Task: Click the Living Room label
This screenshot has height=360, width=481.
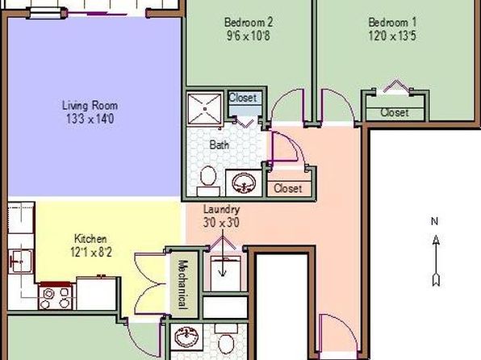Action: pyautogui.click(x=90, y=106)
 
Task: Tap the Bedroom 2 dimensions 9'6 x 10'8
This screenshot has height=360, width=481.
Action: pyautogui.click(x=249, y=36)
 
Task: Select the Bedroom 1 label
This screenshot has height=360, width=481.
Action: pyautogui.click(x=392, y=23)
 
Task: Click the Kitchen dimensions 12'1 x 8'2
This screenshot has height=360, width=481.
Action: pyautogui.click(x=91, y=253)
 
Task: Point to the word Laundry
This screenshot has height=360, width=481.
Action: pyautogui.click(x=221, y=210)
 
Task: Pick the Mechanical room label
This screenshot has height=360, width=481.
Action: pyautogui.click(x=183, y=284)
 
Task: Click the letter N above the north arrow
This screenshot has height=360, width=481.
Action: pyautogui.click(x=434, y=221)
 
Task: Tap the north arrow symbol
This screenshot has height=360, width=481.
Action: pyautogui.click(x=436, y=260)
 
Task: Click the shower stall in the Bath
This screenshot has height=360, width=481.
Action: pyautogui.click(x=205, y=109)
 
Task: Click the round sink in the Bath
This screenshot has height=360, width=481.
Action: pyautogui.click(x=244, y=183)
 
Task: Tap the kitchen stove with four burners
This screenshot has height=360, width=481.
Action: pyautogui.click(x=56, y=296)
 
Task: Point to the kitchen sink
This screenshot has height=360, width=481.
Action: pyautogui.click(x=20, y=262)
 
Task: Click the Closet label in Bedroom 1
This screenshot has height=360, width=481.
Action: pyautogui.click(x=395, y=113)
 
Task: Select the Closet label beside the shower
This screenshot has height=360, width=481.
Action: pyautogui.click(x=243, y=98)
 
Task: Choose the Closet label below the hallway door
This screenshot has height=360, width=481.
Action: pyautogui.click(x=288, y=188)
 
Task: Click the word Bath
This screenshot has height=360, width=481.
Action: pyautogui.click(x=219, y=144)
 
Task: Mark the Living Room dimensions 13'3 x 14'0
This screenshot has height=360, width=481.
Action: pyautogui.click(x=90, y=119)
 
